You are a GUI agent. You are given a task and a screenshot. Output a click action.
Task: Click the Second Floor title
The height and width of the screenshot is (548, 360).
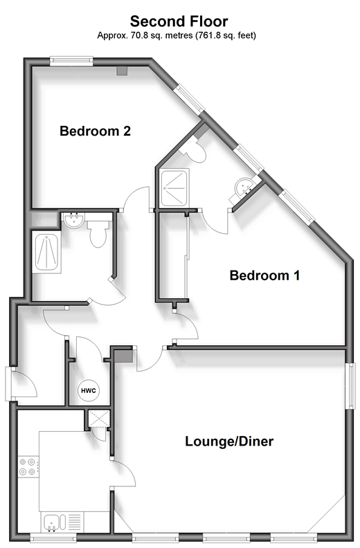179,21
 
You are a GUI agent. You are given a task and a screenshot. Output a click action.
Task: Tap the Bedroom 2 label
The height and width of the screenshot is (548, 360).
95,131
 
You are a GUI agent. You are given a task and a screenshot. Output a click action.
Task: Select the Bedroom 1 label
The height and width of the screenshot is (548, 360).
265,275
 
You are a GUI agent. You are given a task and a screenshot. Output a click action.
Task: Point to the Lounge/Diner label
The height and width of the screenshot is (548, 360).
229,441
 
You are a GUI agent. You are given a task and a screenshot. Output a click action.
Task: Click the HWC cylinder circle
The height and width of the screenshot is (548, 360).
88,390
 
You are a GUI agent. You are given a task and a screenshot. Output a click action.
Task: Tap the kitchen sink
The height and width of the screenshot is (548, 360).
55,522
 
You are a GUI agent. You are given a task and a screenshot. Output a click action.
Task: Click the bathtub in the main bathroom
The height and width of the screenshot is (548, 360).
46,251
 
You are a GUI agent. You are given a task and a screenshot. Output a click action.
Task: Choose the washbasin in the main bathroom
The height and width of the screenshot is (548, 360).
73,220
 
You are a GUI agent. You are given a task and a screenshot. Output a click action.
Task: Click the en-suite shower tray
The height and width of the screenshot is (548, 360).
174,187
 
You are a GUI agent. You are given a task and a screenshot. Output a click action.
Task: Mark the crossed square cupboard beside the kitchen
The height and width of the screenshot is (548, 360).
99,419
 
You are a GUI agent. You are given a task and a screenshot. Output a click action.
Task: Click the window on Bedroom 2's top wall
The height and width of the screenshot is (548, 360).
71,62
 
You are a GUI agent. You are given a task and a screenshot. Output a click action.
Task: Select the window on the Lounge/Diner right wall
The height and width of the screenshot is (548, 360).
350,385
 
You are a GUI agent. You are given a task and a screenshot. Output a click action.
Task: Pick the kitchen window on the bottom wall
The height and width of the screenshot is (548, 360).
53,536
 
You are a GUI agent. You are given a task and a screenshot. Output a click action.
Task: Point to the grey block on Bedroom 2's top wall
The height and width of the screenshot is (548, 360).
122,71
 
